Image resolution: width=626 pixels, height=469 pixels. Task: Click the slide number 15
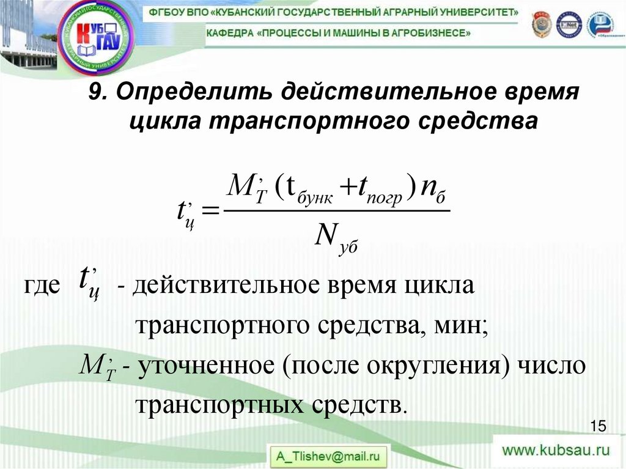(598, 426)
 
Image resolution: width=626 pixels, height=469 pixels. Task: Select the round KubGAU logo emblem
(97, 36)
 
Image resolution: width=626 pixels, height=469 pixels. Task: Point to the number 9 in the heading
(95, 92)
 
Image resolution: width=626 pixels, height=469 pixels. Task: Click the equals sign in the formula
(210, 211)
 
